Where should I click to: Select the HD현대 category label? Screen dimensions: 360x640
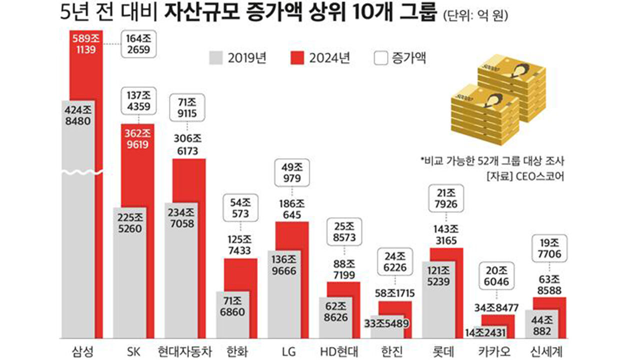click(338, 349)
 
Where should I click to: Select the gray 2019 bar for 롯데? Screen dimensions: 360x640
click(438, 300)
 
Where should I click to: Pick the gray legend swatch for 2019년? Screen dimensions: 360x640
click(216, 58)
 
